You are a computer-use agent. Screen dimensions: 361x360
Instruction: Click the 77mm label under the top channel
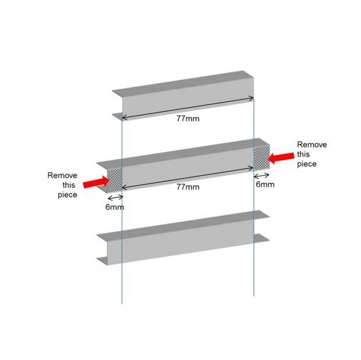coord(187,118)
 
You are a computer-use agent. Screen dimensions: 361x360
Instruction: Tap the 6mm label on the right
coord(264,184)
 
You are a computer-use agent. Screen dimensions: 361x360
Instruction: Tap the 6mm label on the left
coord(114,207)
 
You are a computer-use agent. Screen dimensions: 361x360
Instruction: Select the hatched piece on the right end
coord(261,156)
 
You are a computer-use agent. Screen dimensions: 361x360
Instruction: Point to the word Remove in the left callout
coord(62,175)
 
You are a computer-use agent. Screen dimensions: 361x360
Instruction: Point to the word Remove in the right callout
coord(312,144)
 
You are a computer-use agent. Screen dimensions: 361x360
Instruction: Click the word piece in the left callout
coord(67,195)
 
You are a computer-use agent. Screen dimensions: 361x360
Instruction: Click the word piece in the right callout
coord(307,164)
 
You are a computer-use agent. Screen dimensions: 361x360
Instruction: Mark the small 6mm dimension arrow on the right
coord(262,175)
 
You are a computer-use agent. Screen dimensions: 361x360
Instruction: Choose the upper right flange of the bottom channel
coord(261,215)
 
